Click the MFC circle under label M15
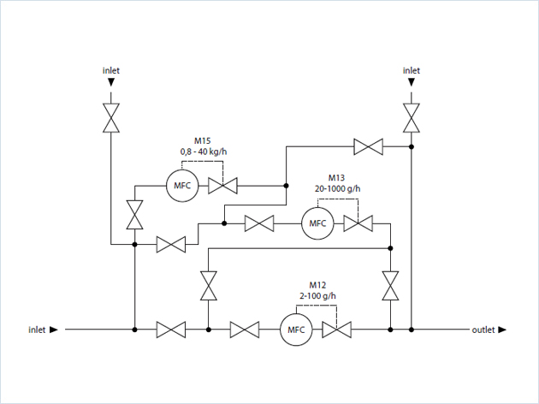(x=182, y=185)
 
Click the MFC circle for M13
(x=318, y=223)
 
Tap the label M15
(x=203, y=140)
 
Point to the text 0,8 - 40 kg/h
(x=204, y=151)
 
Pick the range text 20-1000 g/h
(x=338, y=189)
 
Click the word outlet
(x=483, y=330)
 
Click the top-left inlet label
(x=111, y=70)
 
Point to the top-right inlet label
(x=412, y=70)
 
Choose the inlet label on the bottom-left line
(x=37, y=330)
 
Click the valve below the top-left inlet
(x=111, y=118)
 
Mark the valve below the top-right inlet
(x=412, y=118)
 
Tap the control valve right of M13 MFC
(x=357, y=223)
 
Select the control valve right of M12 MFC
(x=336, y=330)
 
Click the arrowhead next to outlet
(x=502, y=330)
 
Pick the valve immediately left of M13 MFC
(x=258, y=223)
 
